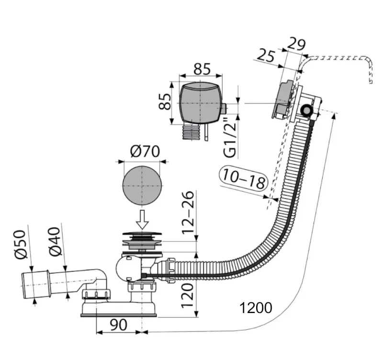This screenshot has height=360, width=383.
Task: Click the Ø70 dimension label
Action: tap(145, 151)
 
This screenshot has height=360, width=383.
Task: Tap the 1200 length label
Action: tap(256, 308)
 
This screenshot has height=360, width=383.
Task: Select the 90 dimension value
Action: tap(118, 325)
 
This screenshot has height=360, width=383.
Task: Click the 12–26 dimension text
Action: tap(188, 212)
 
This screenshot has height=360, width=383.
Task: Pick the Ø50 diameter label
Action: tap(20, 244)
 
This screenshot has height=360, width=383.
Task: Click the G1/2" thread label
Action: tap(230, 137)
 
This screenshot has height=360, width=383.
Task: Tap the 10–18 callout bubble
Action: tap(244, 178)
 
